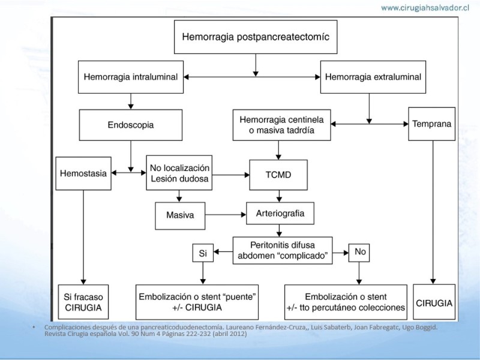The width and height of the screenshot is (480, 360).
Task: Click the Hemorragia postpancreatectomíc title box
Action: click(256, 37)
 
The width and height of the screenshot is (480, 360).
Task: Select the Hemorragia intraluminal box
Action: click(130, 77)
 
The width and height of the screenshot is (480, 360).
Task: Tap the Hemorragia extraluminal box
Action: click(372, 77)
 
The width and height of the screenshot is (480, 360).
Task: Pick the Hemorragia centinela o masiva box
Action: click(281, 125)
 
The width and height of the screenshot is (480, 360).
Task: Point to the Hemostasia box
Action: click(83, 173)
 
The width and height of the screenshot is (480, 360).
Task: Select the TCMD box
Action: click(278, 173)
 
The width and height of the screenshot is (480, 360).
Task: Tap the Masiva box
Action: click(180, 215)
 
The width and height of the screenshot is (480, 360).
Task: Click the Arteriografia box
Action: click(280, 212)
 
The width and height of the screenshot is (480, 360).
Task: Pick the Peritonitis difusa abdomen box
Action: click(281, 250)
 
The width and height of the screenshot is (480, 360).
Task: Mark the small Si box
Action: click(202, 253)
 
